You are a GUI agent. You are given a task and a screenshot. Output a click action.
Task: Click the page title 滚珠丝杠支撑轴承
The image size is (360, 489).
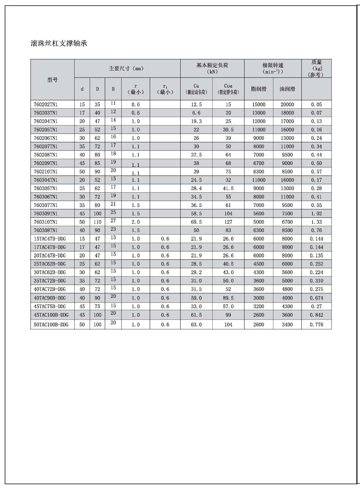[59, 44]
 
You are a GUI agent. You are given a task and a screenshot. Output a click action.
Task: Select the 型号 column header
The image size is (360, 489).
[53, 80]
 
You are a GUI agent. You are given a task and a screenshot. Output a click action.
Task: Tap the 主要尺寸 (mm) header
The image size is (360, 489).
[126, 69]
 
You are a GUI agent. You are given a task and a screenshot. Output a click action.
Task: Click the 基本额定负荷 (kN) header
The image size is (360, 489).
[212, 68]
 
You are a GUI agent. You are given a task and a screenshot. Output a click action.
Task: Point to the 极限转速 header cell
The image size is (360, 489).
[273, 68]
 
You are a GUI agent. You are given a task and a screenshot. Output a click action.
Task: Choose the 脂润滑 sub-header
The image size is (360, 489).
[258, 89]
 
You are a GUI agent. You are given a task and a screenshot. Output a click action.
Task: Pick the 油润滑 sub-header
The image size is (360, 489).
[287, 89]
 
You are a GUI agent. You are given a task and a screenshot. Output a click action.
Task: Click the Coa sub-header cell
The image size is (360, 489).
[228, 89]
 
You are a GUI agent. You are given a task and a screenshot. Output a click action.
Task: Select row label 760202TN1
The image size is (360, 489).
[45, 104]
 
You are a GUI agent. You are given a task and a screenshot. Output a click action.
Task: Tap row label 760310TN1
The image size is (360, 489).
[45, 222]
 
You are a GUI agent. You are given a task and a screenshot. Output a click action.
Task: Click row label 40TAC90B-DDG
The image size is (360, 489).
[50, 298]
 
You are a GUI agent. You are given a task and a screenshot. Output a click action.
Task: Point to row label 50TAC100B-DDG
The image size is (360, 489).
[51, 324]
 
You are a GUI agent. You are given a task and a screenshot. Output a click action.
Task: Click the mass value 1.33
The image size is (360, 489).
[316, 222]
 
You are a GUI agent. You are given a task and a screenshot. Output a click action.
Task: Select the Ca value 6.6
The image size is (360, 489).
[196, 113]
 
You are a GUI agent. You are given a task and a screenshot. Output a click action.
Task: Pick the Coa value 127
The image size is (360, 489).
[228, 222]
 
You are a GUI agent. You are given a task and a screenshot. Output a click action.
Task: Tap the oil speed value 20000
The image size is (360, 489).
[287, 104]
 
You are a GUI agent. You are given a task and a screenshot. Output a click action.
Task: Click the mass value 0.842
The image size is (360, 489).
[316, 315]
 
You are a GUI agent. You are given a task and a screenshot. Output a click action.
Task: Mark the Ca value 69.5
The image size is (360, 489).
[196, 222]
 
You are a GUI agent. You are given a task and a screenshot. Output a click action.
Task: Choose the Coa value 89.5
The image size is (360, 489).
[228, 298]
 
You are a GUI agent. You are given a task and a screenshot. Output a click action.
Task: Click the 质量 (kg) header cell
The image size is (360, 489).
[316, 68]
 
